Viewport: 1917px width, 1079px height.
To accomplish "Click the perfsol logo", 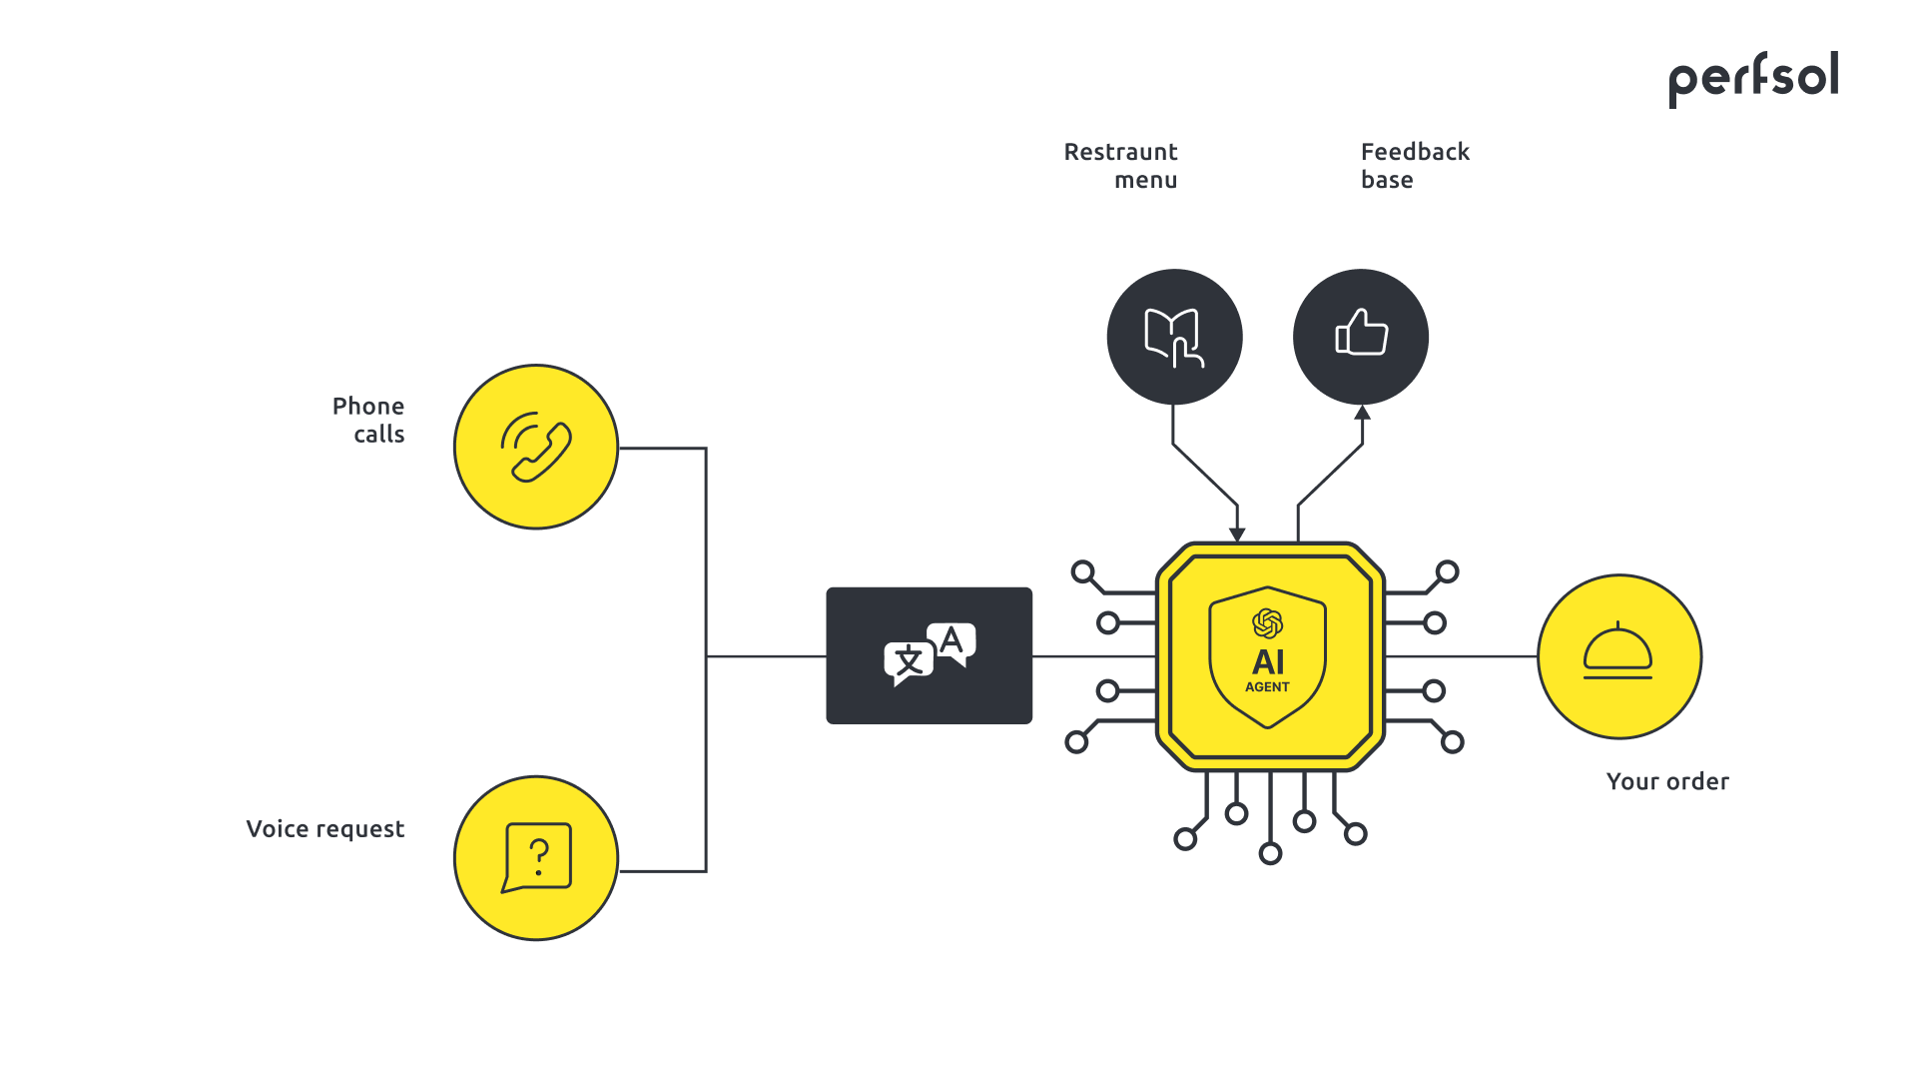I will [1753, 78].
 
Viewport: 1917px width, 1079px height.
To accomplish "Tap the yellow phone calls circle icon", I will [536, 447].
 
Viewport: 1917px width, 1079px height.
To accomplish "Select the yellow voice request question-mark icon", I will [536, 858].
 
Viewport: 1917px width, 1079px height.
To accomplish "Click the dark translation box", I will [929, 655].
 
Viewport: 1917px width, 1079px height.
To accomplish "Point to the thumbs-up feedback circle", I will [1360, 337].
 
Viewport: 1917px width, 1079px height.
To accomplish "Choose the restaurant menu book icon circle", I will [1174, 337].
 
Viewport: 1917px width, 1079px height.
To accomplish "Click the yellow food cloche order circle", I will [1618, 656].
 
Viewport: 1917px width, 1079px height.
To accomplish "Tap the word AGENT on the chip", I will [1267, 687].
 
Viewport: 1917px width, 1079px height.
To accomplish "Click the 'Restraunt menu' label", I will [1120, 166].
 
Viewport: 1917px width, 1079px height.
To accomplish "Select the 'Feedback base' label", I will [1414, 166].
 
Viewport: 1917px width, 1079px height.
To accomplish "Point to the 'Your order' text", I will [1666, 781].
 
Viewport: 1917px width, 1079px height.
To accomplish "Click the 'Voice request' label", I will [324, 829].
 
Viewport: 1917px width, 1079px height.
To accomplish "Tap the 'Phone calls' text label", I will [368, 420].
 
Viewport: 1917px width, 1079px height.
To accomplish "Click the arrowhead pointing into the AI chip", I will [1237, 535].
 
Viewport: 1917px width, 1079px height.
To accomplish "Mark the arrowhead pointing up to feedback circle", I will [1362, 413].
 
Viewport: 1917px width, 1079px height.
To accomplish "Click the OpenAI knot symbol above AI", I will [1267, 623].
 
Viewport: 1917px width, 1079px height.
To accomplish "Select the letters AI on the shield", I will [1268, 661].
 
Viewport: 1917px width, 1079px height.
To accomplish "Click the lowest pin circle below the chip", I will [1270, 853].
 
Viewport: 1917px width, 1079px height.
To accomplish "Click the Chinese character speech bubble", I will [908, 661].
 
